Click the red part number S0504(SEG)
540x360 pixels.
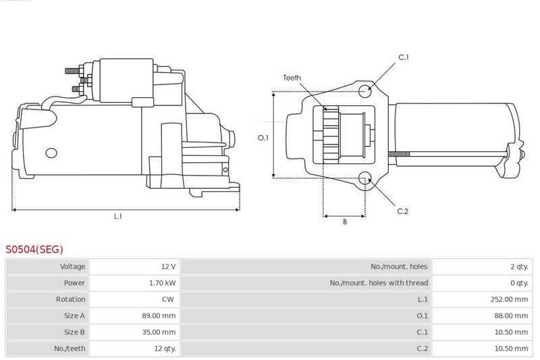coord(34,249)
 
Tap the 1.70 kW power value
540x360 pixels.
coord(162,283)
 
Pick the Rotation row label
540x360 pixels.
coord(71,299)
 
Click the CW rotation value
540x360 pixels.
coord(168,299)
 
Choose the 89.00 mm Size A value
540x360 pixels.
coord(159,315)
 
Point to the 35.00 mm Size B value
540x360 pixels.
coord(159,332)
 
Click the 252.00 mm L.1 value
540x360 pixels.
coord(509,299)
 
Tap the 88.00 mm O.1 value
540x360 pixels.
coord(511,315)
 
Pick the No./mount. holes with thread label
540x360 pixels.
coord(379,283)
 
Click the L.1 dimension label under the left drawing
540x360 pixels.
coord(118,216)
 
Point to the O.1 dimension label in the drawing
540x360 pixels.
coord(263,138)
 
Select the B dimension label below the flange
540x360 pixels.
coord(345,222)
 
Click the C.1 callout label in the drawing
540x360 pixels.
coord(403,57)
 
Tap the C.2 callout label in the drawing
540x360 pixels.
coord(402,211)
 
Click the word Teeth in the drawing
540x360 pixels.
coord(292,78)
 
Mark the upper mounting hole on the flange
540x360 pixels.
coord(365,91)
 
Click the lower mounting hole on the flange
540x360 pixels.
coord(365,178)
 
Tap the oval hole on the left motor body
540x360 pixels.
coord(51,153)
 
